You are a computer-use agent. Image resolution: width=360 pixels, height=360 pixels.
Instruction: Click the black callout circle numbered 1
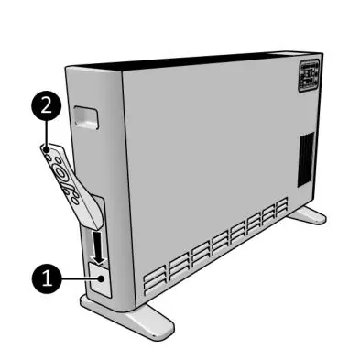coord(47,278)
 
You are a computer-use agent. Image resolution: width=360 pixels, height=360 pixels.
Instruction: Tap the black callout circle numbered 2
coord(46,106)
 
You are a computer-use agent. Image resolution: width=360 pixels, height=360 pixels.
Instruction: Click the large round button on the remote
coord(60,172)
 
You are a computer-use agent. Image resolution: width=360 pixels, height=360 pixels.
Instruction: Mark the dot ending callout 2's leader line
coord(47,150)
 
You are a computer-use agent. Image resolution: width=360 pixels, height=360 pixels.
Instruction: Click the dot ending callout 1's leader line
coord(102,278)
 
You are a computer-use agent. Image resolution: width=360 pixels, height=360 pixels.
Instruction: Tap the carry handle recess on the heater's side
coord(86,117)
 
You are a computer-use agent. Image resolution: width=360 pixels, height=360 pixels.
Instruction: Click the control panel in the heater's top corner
coord(309,76)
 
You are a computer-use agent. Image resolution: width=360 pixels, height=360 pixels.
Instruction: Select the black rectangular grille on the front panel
coord(306,159)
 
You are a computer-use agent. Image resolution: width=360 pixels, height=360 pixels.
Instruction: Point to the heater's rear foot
coord(307,214)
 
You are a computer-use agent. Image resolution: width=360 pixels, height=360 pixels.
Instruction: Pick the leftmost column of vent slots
coord(155,280)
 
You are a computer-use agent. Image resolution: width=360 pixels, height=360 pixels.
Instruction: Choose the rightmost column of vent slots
coord(282,207)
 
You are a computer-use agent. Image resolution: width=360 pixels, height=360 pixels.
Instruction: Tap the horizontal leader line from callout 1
coord(81,278)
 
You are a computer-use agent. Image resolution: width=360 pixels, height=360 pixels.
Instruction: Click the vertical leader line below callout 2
coord(46,135)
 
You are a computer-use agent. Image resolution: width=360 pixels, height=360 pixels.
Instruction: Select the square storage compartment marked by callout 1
coord(99,280)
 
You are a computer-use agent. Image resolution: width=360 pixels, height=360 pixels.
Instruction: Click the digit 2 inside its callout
coord(46,106)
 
